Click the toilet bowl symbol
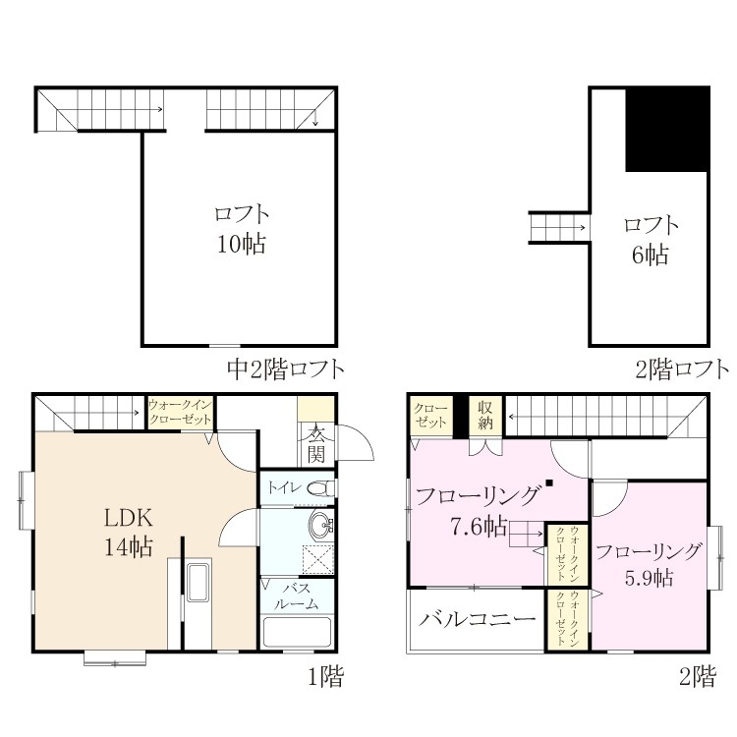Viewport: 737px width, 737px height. point(320,488)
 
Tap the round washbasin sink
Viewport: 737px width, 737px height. point(320,524)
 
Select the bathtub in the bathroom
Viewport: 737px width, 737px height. point(297,632)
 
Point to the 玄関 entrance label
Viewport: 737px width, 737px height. point(315,444)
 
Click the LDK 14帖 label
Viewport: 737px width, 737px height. point(128,532)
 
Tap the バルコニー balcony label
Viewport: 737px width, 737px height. point(477,619)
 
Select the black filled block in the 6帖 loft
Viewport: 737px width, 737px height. point(667,130)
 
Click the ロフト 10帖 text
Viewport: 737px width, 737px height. point(241,229)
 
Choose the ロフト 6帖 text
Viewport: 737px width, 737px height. point(651,240)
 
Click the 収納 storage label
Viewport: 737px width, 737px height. point(485,415)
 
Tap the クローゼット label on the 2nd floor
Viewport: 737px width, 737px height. point(430,416)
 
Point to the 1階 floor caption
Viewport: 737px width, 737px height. point(325,677)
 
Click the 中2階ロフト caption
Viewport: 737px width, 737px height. point(286,368)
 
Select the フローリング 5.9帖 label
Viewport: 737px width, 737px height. point(649,564)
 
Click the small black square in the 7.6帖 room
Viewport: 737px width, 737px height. point(549,482)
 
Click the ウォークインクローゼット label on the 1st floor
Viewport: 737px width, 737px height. point(180,412)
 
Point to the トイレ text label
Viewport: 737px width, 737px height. point(284,487)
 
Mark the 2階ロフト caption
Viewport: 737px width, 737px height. point(682,368)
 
